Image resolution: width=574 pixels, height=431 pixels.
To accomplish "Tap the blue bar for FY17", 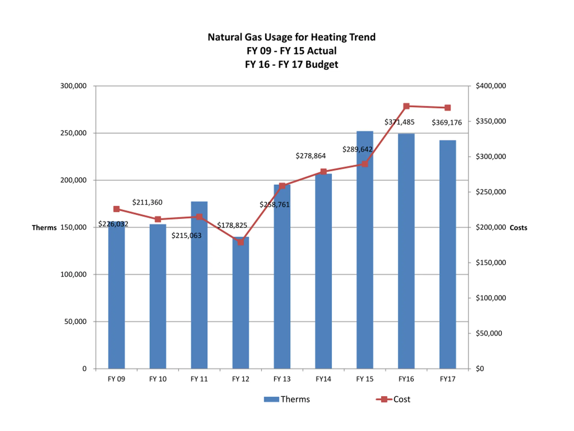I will coord(448,255).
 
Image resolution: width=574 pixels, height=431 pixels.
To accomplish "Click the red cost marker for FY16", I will coord(406,106).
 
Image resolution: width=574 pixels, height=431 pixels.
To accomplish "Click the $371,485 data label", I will coord(399,122).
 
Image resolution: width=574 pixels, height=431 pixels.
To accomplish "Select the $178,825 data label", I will coord(232,225).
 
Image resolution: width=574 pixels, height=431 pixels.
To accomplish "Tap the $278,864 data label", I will coord(311,156).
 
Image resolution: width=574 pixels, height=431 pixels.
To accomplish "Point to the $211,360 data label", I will coord(147,202).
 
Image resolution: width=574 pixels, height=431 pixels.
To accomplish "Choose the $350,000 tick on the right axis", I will coord(491,121).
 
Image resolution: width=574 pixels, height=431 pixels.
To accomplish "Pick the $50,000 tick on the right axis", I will coord(489,333).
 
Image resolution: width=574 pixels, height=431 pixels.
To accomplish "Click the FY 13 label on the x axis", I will coord(282,379).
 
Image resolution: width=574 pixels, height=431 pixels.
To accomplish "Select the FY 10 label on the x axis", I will coord(158,379).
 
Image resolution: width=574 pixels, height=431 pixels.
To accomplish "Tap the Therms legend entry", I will coord(287,399).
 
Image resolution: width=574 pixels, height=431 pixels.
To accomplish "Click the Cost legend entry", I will coord(394,399).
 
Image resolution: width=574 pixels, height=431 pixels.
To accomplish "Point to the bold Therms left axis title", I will coord(44,228).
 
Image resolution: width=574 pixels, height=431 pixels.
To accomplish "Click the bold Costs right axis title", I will coord(518,228).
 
